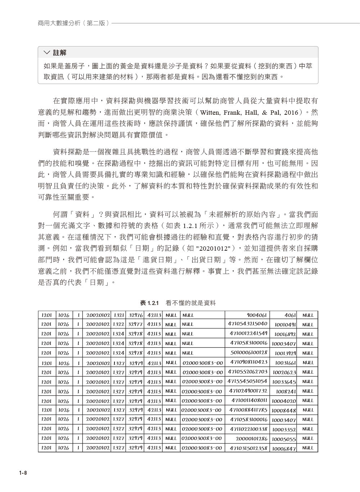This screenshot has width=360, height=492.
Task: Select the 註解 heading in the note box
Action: tap(60, 53)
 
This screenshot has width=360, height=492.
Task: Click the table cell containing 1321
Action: tap(119, 315)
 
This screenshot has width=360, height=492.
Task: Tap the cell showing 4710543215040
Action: tap(248, 324)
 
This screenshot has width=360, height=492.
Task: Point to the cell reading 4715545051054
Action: tap(248, 381)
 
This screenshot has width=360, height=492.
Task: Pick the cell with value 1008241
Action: tap(286, 391)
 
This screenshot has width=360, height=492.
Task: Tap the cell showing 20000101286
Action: tap(252, 438)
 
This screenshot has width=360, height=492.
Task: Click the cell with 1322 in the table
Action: tap(119, 324)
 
